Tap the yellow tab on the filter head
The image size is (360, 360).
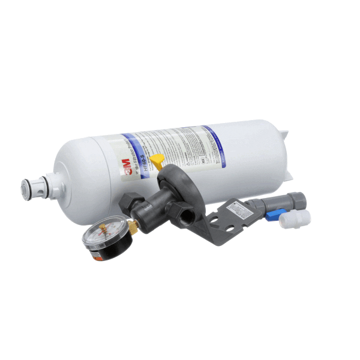(157, 161)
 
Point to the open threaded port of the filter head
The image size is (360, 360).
(182, 214)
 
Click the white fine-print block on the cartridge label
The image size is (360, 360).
(174, 148)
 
